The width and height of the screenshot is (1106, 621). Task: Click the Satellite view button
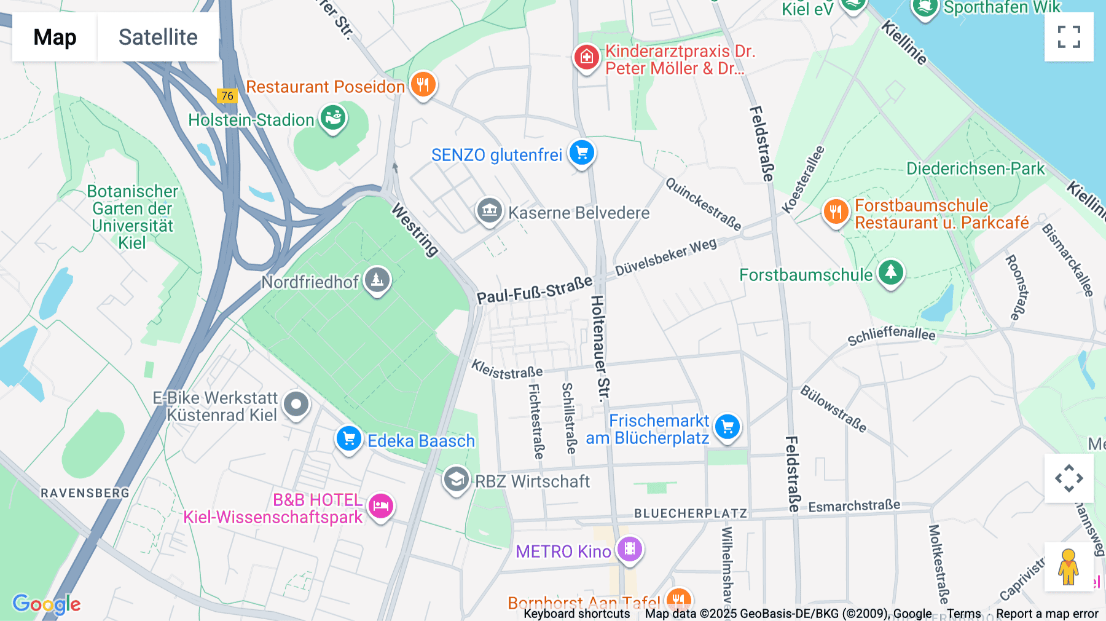tap(158, 37)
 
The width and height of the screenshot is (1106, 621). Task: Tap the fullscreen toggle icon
tap(1069, 37)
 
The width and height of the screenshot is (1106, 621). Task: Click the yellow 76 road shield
tap(227, 96)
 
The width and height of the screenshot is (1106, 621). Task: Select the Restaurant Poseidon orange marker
tap(423, 85)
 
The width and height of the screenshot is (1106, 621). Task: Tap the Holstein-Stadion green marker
tap(333, 118)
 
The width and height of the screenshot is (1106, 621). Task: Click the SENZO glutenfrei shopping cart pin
tap(581, 153)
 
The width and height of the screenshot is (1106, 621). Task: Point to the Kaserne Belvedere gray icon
tap(490, 212)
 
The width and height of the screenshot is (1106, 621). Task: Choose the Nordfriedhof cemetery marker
tap(377, 280)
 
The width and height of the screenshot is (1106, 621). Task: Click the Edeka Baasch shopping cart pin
tap(349, 439)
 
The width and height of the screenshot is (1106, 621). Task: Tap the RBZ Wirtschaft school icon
tap(456, 480)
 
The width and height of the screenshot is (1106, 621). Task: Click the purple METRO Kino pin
tap(630, 549)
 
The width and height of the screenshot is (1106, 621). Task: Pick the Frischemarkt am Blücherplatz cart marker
tap(728, 427)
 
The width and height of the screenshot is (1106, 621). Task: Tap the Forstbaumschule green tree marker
tap(891, 272)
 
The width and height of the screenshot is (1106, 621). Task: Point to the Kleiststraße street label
tap(507, 369)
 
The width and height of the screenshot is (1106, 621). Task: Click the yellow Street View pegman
tap(1069, 566)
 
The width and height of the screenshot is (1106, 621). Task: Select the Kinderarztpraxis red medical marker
tap(586, 58)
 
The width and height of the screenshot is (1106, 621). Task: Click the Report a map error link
tap(1047, 614)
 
